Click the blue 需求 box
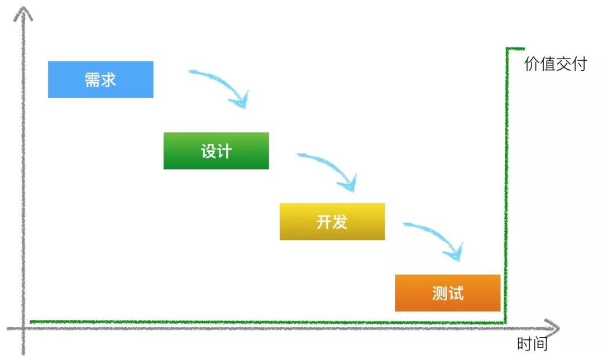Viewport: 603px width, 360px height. (100, 80)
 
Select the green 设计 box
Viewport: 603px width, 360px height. (216, 151)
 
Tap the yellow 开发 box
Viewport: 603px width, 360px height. (332, 222)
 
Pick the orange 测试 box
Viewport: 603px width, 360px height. (448, 293)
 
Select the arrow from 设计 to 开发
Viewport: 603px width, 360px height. (332, 165)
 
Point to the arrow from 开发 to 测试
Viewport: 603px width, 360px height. (438, 234)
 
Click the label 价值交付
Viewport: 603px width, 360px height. (556, 64)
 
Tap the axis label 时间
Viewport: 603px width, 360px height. (532, 344)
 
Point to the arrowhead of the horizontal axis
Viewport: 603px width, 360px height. (553, 328)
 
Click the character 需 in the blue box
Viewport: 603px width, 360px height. (93, 80)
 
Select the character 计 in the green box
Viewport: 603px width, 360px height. (224, 151)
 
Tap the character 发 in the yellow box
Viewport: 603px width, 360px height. (340, 222)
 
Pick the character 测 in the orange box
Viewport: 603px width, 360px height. (440, 294)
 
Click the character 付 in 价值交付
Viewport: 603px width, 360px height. (580, 64)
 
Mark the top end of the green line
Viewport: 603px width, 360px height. (524, 49)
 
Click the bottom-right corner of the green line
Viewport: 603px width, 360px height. (505, 322)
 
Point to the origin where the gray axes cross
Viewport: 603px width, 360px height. (23, 328)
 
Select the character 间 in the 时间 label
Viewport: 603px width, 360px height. (540, 344)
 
